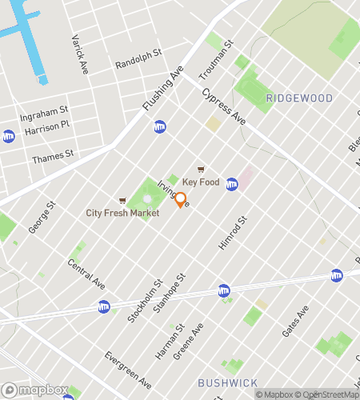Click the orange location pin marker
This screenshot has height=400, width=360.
pos(181,199)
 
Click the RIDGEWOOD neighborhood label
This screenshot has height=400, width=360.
pos(299,98)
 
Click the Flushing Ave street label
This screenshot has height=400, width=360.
pos(163,88)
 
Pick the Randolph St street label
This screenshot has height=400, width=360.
pos(138,58)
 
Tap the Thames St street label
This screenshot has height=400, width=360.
pos(53,158)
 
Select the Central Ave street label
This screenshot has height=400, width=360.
pos(86,274)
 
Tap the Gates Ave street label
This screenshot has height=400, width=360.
pos(295,320)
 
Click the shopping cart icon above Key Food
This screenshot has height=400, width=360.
pos(201,170)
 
